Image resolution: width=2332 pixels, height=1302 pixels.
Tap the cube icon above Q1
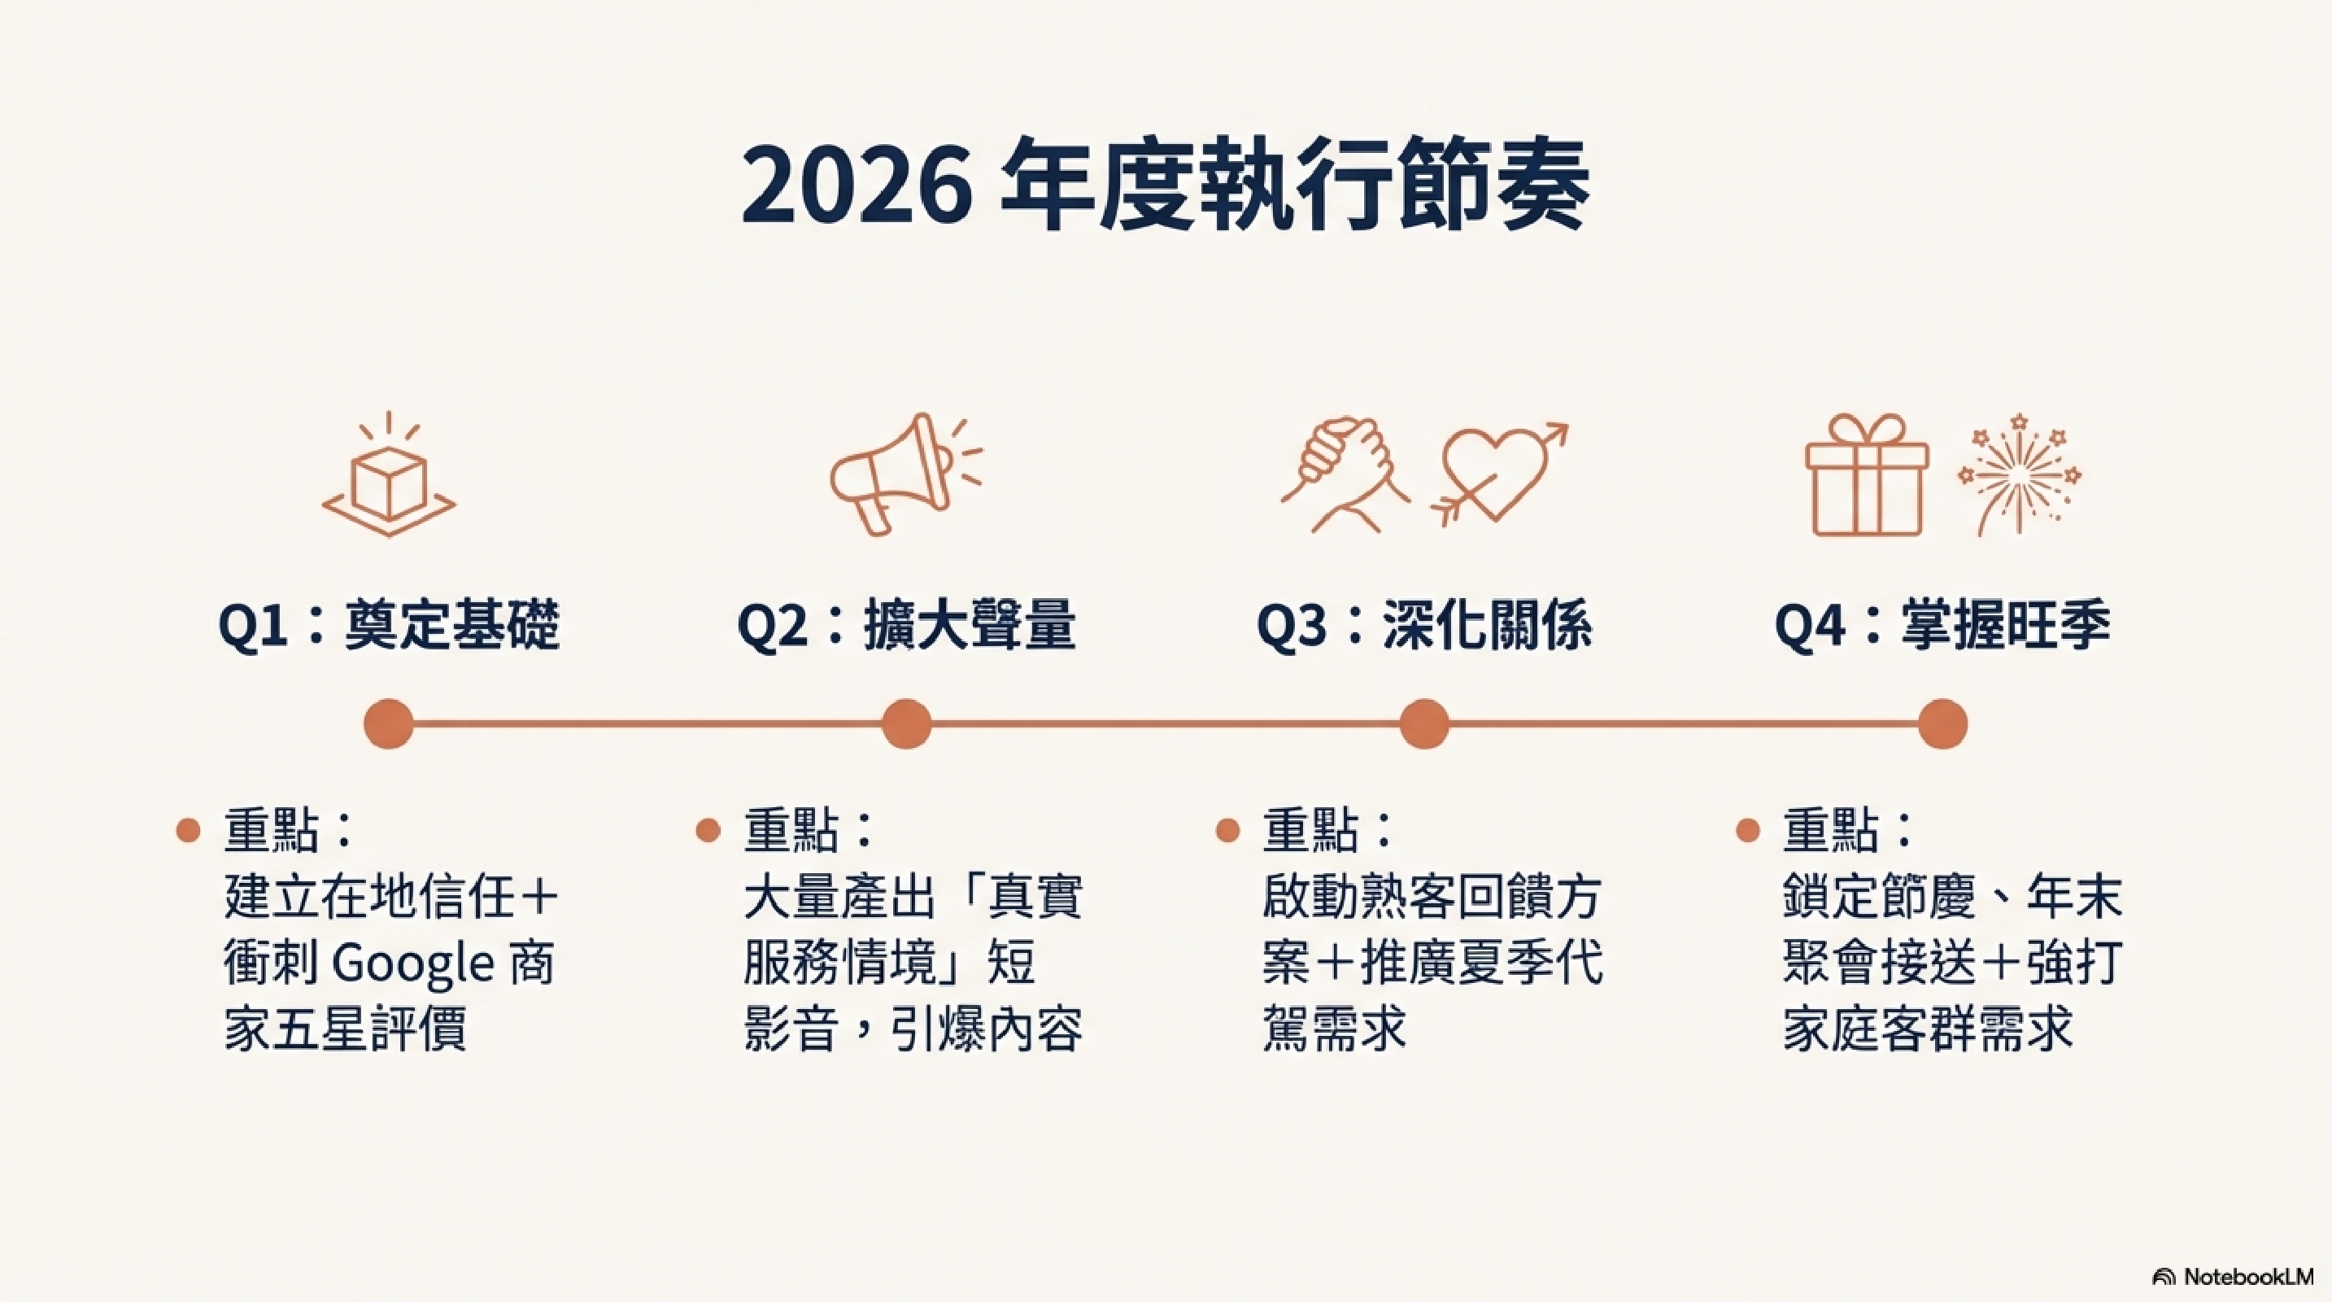390,474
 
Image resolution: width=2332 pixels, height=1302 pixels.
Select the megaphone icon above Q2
906,474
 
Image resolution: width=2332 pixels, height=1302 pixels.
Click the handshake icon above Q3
1345,474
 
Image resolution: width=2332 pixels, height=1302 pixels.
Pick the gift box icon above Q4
1868,474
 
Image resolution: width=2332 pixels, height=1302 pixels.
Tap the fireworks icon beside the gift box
2020,474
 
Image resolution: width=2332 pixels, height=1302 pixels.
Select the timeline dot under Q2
906,724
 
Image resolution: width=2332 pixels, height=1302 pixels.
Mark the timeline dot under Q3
1424,724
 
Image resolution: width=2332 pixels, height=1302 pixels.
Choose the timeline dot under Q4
1942,724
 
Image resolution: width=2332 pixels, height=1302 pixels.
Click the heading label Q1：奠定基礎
390,626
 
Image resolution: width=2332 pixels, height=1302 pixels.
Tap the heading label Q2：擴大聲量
906,626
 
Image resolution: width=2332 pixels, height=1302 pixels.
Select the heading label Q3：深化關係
1424,626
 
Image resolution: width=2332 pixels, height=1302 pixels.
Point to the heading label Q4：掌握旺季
1942,626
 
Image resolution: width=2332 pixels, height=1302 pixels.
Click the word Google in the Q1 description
412,965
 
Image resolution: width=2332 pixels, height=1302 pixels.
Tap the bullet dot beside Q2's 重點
708,830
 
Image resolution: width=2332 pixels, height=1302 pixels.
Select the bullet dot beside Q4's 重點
1748,830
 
